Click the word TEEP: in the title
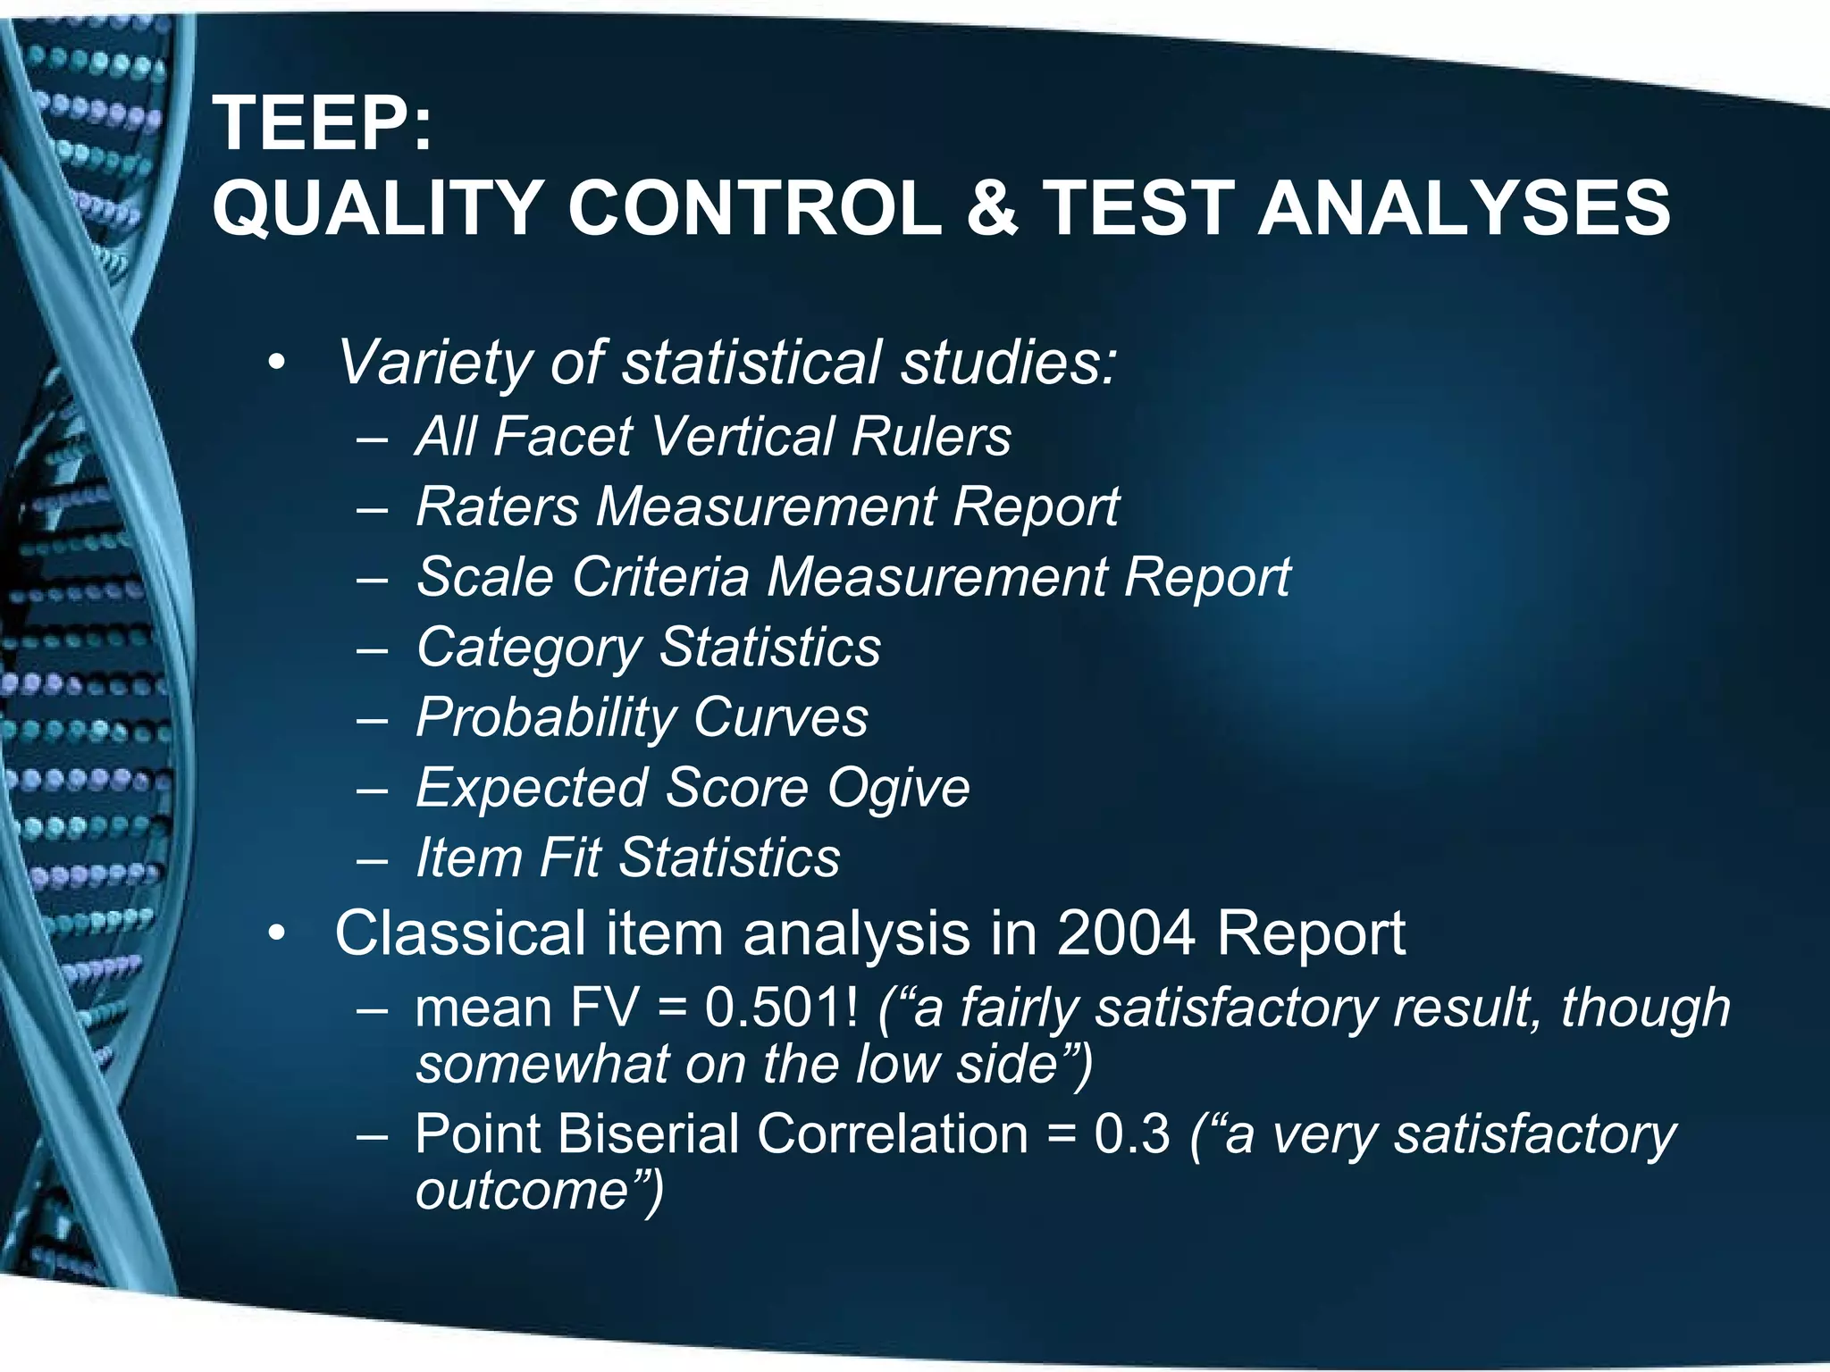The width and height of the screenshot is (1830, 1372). pos(322,125)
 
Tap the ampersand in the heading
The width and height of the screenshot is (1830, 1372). pos(992,208)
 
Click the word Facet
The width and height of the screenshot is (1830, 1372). pos(563,437)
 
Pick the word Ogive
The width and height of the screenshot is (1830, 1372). pos(897,789)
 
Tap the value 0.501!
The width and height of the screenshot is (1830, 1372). pos(781,1008)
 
